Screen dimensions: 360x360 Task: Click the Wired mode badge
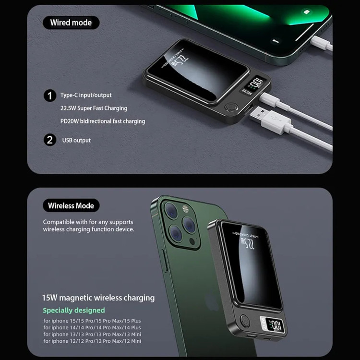(71, 23)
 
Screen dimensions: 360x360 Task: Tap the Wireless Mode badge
(71, 205)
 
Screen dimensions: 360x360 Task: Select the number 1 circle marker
(50, 96)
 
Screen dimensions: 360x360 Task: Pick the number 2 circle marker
(50, 140)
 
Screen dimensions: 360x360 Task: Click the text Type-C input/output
(86, 95)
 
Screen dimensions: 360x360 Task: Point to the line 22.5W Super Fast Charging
(94, 108)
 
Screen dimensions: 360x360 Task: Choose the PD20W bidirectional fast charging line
(103, 121)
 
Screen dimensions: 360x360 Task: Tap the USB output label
(76, 140)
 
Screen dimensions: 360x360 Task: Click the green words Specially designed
(74, 310)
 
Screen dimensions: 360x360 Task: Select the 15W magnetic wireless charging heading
(98, 298)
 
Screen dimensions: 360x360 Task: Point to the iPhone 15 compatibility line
(92, 321)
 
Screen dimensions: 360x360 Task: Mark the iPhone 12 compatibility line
(92, 341)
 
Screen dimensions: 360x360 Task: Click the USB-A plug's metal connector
(258, 114)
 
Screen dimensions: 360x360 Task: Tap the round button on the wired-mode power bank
(230, 107)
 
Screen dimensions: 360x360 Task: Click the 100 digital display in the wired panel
(256, 83)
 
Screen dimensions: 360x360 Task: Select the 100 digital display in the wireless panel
(276, 325)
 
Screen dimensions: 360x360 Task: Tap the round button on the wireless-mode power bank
(245, 321)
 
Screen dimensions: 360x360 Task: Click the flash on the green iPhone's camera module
(185, 209)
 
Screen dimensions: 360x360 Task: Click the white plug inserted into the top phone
(322, 43)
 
